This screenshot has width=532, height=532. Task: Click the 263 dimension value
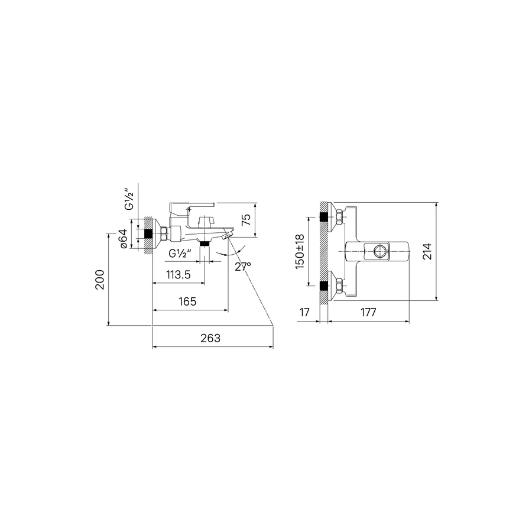pyautogui.click(x=210, y=338)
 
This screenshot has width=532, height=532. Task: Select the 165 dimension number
pyautogui.click(x=187, y=301)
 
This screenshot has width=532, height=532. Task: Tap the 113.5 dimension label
pyautogui.click(x=179, y=274)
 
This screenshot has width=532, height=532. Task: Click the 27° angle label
pyautogui.click(x=243, y=267)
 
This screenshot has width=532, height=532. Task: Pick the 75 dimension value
pyautogui.click(x=246, y=220)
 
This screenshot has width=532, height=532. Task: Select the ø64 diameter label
pyautogui.click(x=123, y=239)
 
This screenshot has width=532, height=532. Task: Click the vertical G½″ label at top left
pyautogui.click(x=129, y=199)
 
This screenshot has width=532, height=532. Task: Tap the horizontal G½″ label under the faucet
pyautogui.click(x=180, y=253)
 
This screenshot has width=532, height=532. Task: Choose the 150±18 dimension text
pyautogui.click(x=300, y=251)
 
